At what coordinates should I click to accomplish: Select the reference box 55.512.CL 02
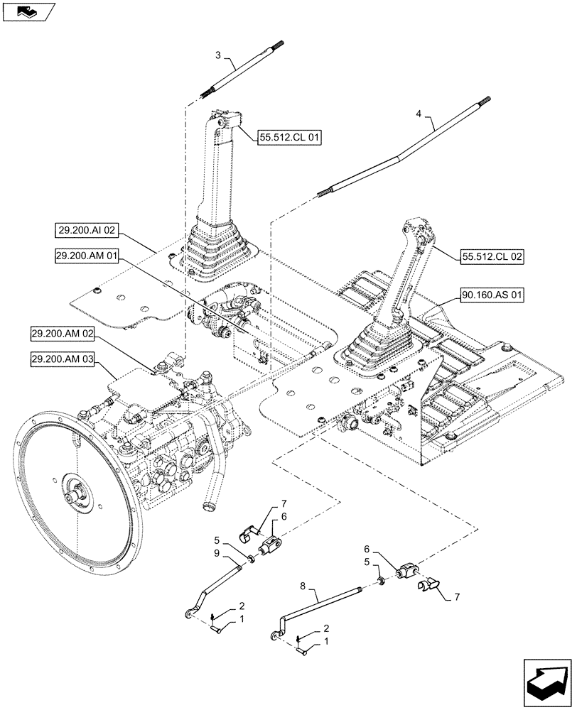click(493, 257)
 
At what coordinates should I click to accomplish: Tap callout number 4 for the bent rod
click(419, 114)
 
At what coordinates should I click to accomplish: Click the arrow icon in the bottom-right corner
click(546, 678)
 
